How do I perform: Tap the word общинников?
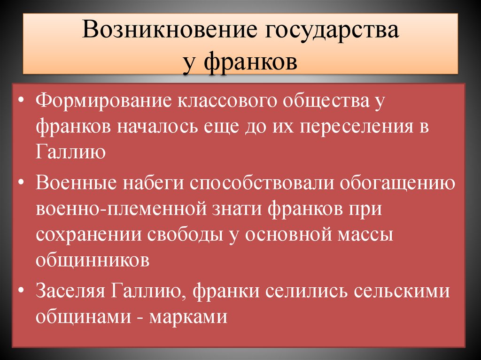(x=93, y=260)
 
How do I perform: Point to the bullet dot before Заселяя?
(x=22, y=291)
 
